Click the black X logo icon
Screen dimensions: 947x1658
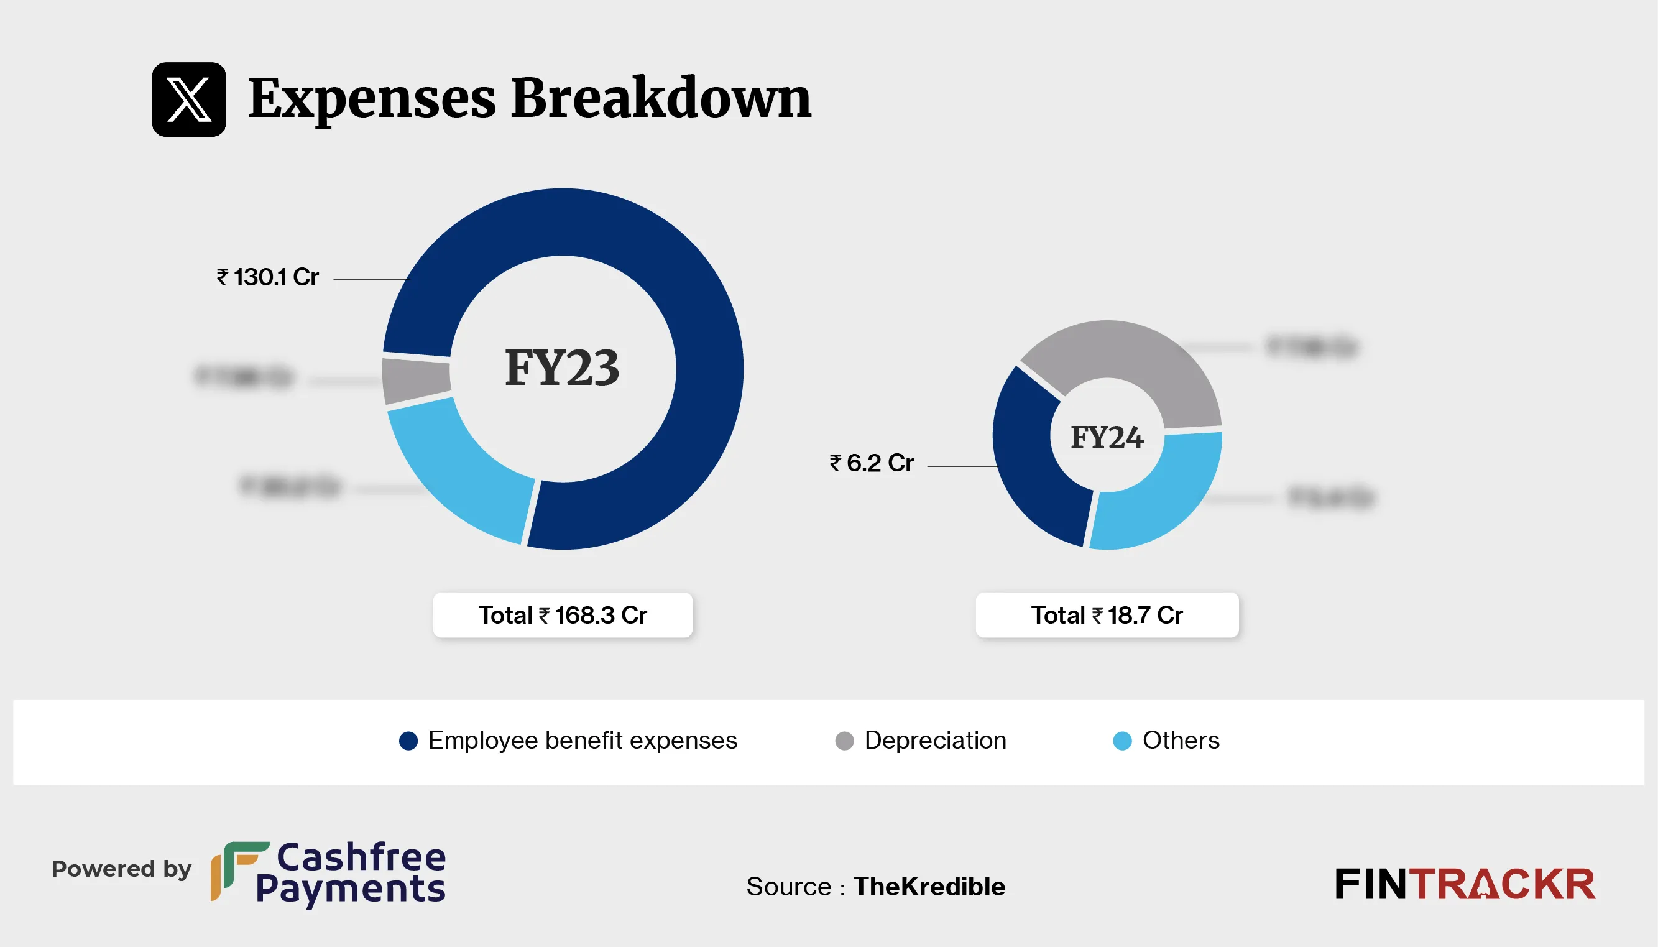(x=188, y=99)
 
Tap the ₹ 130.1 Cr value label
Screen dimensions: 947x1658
(x=267, y=278)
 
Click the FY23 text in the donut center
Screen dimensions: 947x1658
(x=562, y=367)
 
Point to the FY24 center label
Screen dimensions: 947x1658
(x=1107, y=437)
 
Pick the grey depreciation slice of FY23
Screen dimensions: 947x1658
(x=416, y=380)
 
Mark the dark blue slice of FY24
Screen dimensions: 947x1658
(x=1034, y=468)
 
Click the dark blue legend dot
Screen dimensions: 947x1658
(x=408, y=741)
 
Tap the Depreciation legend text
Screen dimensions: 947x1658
(x=935, y=741)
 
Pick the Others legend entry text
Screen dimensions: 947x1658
(x=1181, y=741)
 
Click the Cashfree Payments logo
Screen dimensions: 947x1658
(x=328, y=873)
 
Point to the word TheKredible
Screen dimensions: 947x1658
(x=929, y=887)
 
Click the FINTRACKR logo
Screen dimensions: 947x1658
(x=1465, y=885)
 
